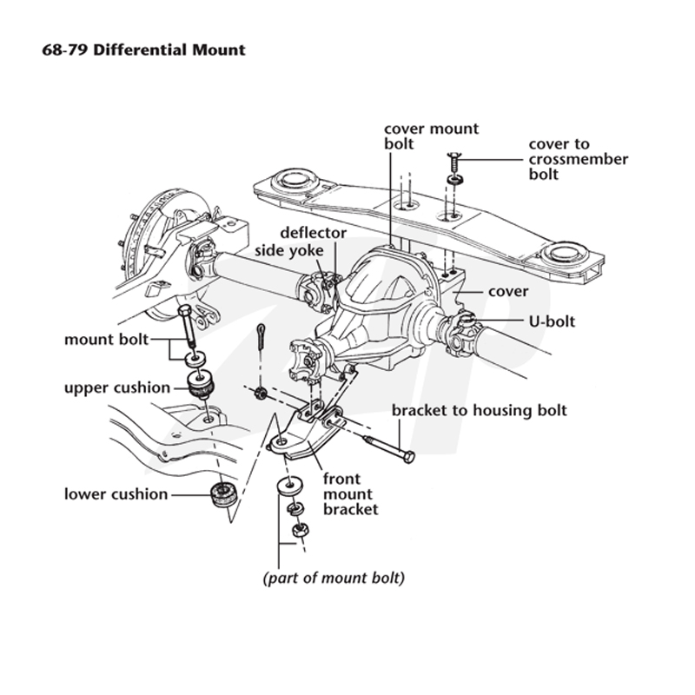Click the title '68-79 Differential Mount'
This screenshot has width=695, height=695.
(x=143, y=50)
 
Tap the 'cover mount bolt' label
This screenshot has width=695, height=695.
(x=431, y=136)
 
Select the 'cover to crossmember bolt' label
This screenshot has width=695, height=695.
(x=578, y=159)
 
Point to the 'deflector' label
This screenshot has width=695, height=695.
(x=314, y=233)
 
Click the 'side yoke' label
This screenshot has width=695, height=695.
(x=289, y=251)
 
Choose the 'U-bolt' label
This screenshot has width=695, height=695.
(x=552, y=321)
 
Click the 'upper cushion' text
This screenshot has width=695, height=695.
(x=117, y=388)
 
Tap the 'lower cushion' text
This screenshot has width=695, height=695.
(x=116, y=494)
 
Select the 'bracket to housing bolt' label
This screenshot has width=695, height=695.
(x=480, y=410)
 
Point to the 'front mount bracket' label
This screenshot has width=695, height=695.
(x=351, y=494)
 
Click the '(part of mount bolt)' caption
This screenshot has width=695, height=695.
(x=334, y=579)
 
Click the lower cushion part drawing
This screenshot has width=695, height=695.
(x=223, y=494)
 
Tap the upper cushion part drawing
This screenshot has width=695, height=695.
(x=202, y=385)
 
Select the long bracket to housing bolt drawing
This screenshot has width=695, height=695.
(x=388, y=448)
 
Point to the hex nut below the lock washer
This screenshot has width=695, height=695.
(x=301, y=530)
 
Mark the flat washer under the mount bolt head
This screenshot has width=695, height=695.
(x=195, y=359)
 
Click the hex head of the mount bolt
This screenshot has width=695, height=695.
(x=185, y=309)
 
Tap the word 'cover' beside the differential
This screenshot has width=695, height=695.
(x=508, y=292)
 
